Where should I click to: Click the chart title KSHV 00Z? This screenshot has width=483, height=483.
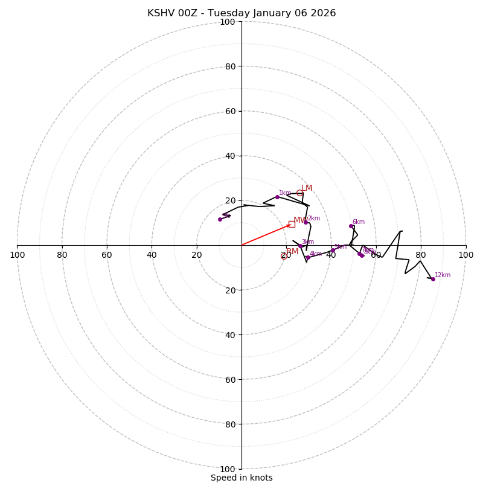(241, 13)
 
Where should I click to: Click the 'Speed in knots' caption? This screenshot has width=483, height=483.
(241, 478)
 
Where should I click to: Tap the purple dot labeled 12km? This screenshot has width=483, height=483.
(433, 279)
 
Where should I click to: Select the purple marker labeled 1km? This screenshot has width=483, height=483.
(277, 197)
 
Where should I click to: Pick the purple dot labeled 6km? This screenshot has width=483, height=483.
(351, 226)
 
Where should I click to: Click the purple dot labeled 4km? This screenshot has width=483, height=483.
(308, 257)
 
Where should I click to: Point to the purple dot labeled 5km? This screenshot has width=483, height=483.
(333, 250)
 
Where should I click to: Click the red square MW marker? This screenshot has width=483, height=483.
(292, 224)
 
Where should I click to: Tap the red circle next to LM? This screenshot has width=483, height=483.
(299, 193)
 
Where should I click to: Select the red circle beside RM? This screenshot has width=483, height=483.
(284, 256)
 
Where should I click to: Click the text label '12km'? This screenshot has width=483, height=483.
(443, 275)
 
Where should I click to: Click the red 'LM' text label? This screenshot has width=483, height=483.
(307, 188)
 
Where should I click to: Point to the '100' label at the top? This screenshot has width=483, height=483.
(228, 22)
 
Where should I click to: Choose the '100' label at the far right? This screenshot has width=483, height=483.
(465, 255)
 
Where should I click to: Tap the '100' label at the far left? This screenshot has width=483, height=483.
(18, 255)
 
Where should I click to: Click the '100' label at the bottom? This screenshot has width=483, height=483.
(228, 469)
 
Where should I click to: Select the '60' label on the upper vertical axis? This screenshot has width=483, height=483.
(230, 111)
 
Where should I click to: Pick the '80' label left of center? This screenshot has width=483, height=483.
(62, 255)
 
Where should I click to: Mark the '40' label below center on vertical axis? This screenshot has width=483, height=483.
(230, 334)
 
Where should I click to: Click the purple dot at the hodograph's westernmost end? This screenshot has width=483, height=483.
(220, 219)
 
